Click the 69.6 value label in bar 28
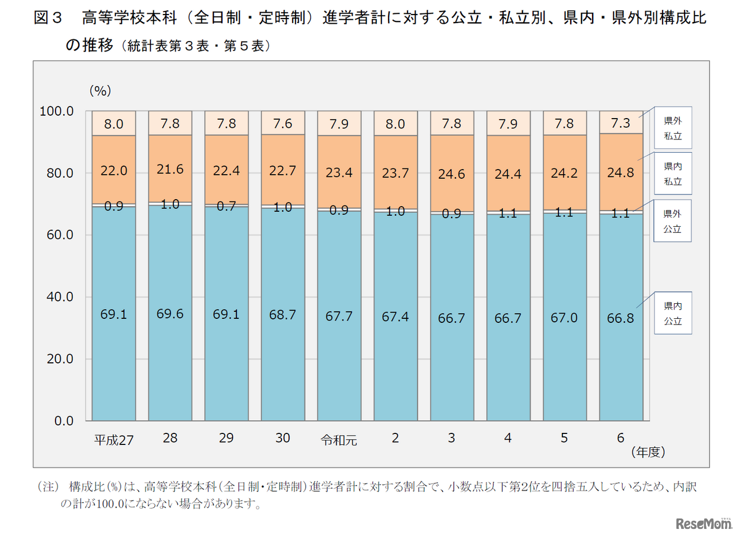(x=170, y=314)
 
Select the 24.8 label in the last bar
(x=621, y=173)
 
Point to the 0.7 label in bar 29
(x=226, y=207)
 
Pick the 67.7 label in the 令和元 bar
(x=339, y=317)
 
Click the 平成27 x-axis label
(x=114, y=440)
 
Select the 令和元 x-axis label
(x=339, y=440)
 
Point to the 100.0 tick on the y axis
(x=57, y=111)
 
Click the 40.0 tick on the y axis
(x=60, y=297)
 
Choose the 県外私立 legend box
(x=672, y=128)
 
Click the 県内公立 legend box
(x=672, y=313)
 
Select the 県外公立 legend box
(x=672, y=221)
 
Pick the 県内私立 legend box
(x=672, y=174)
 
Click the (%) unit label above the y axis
(x=100, y=90)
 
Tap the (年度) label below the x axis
(x=648, y=452)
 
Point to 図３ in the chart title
(x=48, y=19)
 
